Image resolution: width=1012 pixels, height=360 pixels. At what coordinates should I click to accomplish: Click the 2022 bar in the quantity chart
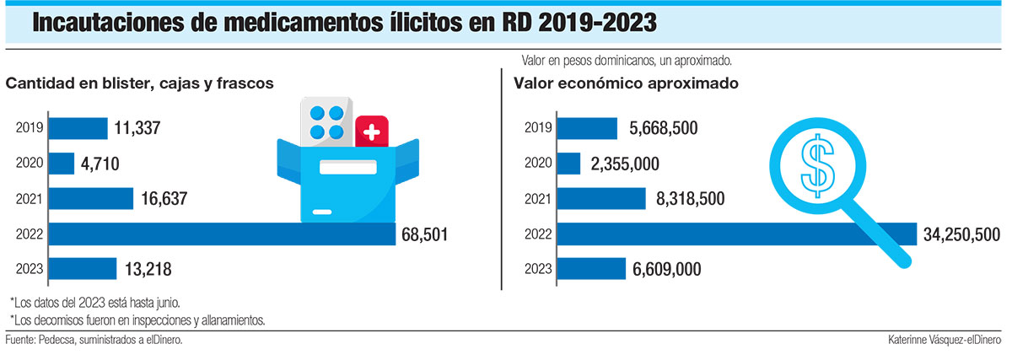tap(222, 234)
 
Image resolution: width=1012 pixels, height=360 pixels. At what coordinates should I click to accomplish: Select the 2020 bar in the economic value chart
tap(569, 164)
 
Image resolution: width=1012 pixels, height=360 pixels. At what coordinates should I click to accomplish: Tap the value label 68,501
tap(425, 234)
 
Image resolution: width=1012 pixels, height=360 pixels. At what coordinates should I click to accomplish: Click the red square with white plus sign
tap(372, 132)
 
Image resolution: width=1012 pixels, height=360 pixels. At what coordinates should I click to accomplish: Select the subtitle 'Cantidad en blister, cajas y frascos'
tap(140, 83)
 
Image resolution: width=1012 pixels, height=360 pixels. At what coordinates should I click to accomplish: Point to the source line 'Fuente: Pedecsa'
tap(94, 339)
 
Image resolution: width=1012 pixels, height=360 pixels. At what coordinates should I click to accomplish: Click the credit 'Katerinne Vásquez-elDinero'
tap(945, 339)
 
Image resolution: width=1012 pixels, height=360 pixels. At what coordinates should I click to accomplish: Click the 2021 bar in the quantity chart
tap(91, 199)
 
